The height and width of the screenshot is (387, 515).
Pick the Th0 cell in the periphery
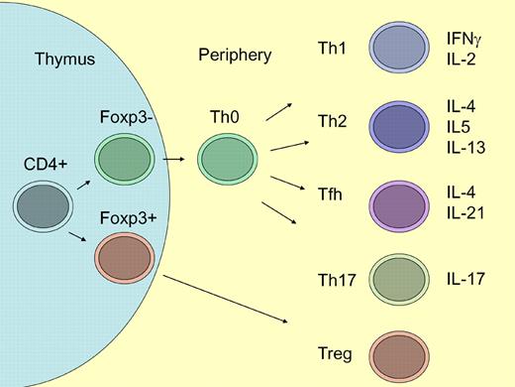coord(226,160)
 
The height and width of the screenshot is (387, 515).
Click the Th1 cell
coord(399,49)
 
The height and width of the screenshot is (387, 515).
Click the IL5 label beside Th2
coord(461,126)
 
